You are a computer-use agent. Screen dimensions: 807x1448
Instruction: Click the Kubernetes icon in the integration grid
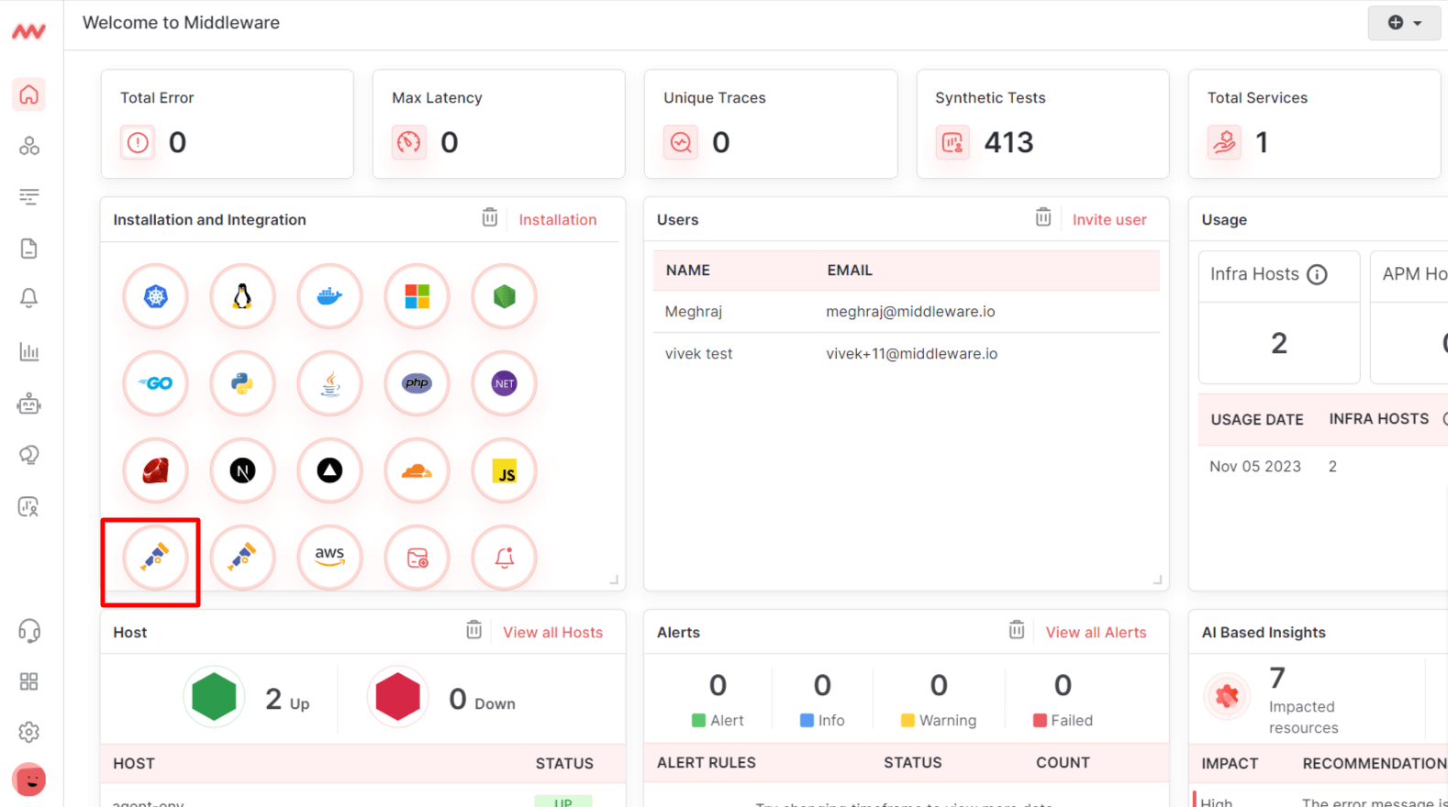tap(155, 296)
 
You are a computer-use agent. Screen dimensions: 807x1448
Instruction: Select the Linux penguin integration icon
tap(242, 296)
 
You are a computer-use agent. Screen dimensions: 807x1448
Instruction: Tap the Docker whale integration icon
tap(329, 296)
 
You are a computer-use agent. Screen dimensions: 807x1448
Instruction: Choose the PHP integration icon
tap(417, 383)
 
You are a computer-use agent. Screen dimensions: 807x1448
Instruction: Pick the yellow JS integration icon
tap(504, 471)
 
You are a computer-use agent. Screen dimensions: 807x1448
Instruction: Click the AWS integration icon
tap(329, 557)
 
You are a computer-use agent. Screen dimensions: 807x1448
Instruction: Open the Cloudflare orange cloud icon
tap(417, 471)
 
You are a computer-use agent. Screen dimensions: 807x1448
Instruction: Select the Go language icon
tap(155, 383)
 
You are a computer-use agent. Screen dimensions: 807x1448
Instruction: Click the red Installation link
tap(557, 220)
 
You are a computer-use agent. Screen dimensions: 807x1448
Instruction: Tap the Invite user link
tap(1108, 220)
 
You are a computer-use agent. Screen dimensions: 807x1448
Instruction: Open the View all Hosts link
tap(552, 633)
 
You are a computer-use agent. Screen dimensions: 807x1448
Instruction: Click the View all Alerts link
tap(1096, 633)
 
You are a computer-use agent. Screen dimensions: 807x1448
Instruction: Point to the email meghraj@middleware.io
tap(910, 312)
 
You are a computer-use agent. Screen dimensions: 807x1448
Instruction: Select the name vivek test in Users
tap(698, 354)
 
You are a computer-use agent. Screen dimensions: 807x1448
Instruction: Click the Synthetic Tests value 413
tap(1008, 143)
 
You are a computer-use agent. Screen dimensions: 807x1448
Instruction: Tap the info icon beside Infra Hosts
tap(1317, 274)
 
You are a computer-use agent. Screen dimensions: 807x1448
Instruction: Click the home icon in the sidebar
tap(29, 94)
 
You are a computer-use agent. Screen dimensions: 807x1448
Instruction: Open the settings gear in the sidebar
tap(29, 732)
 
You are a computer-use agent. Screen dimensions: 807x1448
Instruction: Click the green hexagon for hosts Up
tap(214, 697)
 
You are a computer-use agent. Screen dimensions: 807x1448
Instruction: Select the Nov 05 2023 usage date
tap(1254, 467)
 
